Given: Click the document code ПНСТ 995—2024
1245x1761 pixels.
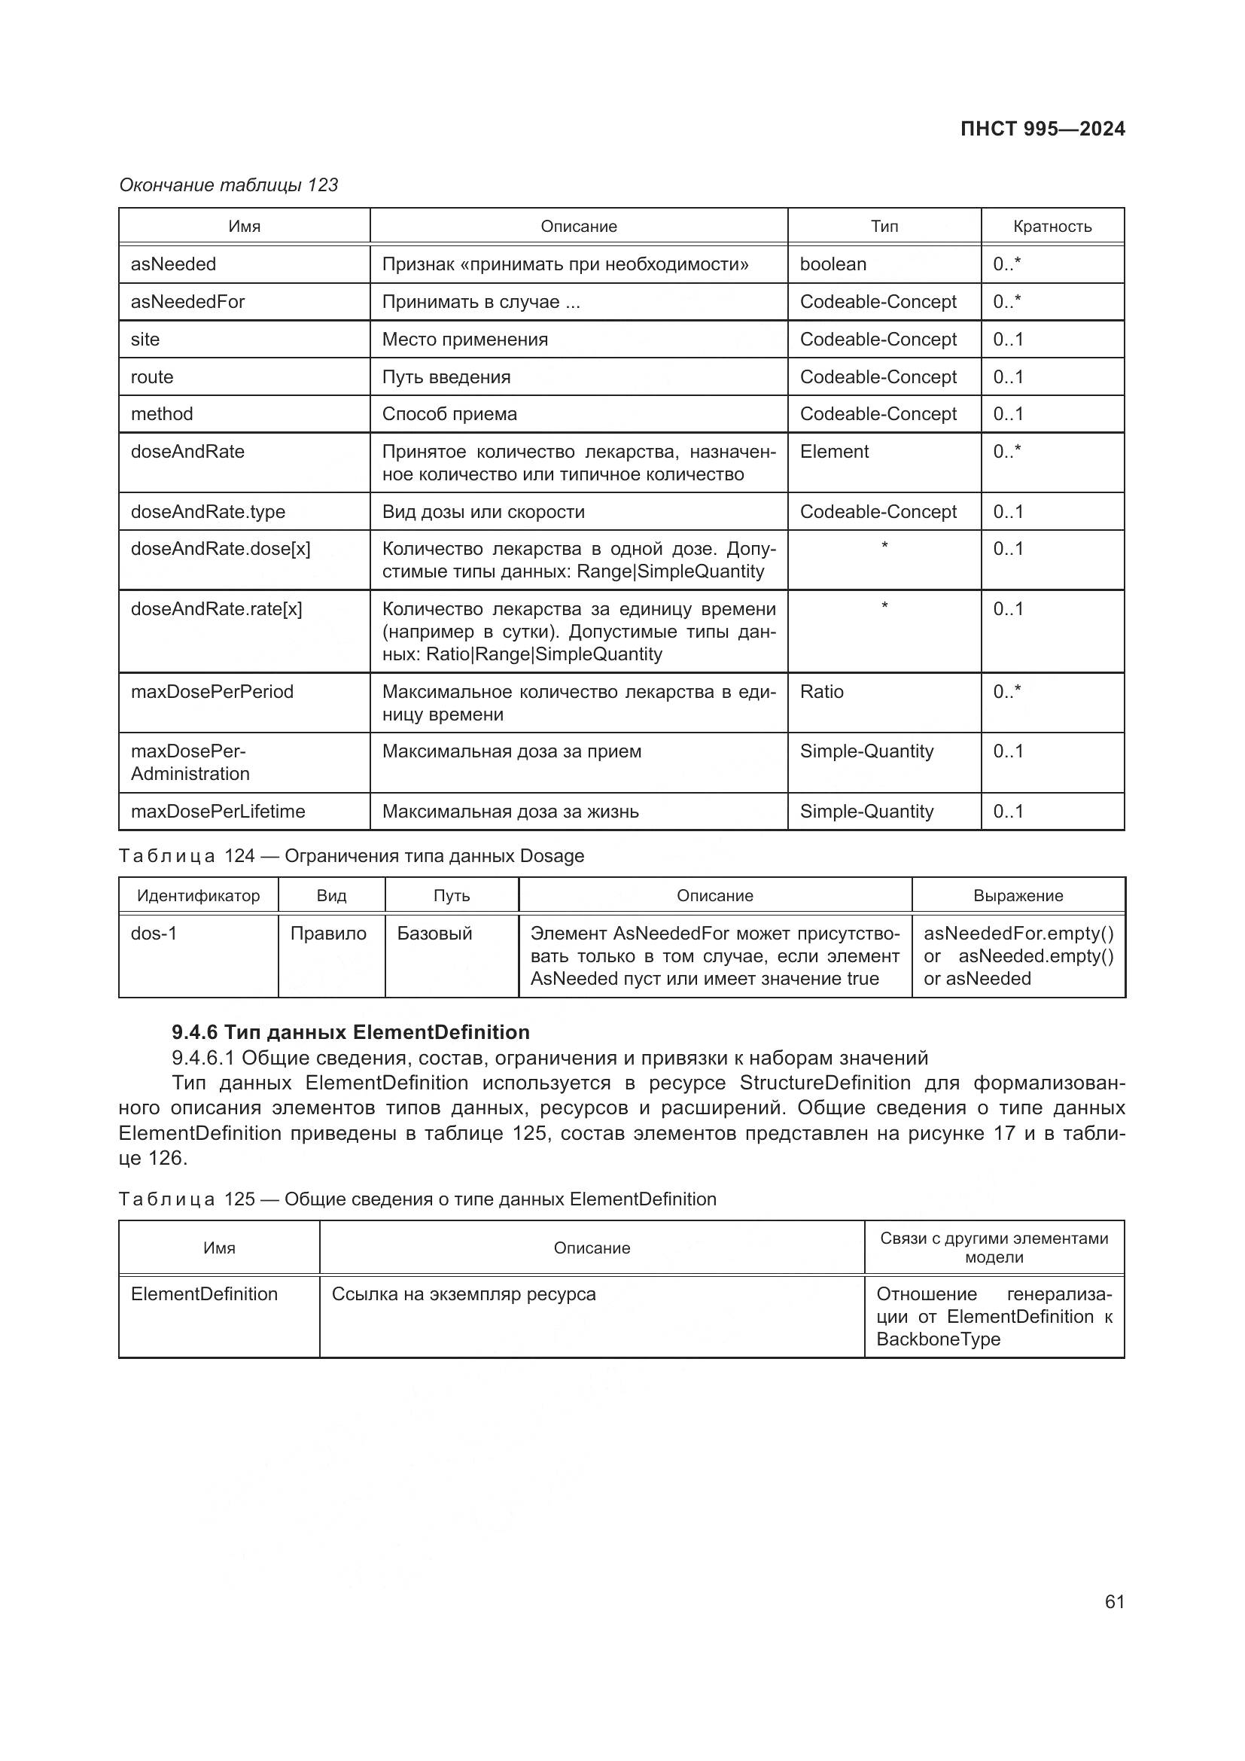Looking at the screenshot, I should pos(1042,129).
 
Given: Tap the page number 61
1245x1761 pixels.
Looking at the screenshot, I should pos(1114,1601).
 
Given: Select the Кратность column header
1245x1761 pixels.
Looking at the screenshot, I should pos(1052,227).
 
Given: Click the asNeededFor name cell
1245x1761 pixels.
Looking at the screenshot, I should pos(188,301).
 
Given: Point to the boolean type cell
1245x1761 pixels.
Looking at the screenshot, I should pos(833,264).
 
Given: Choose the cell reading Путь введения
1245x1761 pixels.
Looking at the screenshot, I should pos(446,376).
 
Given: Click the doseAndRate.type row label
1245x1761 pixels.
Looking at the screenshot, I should pos(208,511).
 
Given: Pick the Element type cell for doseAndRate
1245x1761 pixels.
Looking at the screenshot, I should pos(834,452).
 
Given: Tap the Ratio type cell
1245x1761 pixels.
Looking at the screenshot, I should pos(821,692).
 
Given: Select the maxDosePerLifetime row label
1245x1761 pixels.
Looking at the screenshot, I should pos(218,812).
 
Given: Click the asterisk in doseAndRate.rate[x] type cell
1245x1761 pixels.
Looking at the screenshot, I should pos(884,607).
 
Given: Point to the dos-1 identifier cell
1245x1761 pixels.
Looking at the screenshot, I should pos(154,934).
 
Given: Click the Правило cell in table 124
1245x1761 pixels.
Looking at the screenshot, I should pos(328,934).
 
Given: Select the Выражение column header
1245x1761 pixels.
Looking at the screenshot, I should pos(1018,896).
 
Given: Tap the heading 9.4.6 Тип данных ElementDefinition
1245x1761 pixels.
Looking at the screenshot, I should pos(350,1032).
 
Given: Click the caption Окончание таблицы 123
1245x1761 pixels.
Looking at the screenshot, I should pos(229,185).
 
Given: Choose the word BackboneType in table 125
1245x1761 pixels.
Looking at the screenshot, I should pos(938,1339).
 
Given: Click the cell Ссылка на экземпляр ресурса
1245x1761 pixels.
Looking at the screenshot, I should pos(463,1294).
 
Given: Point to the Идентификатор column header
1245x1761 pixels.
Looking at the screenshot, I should pos(198,896).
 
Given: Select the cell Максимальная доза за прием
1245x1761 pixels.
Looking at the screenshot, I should pos(511,751).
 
